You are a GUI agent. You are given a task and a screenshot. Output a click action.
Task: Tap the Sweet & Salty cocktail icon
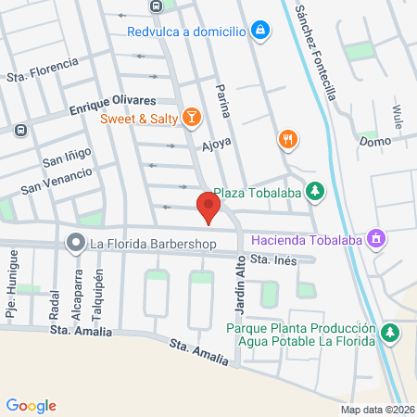tap(191, 116)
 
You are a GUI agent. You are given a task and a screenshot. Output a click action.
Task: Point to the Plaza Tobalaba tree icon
tap(316, 192)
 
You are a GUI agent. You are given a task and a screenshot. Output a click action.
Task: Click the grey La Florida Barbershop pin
tap(74, 243)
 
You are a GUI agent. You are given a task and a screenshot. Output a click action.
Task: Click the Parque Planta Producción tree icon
tap(391, 333)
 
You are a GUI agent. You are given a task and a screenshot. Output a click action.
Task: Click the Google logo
tap(31, 405)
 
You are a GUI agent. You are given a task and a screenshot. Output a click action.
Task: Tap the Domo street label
tap(375, 142)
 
